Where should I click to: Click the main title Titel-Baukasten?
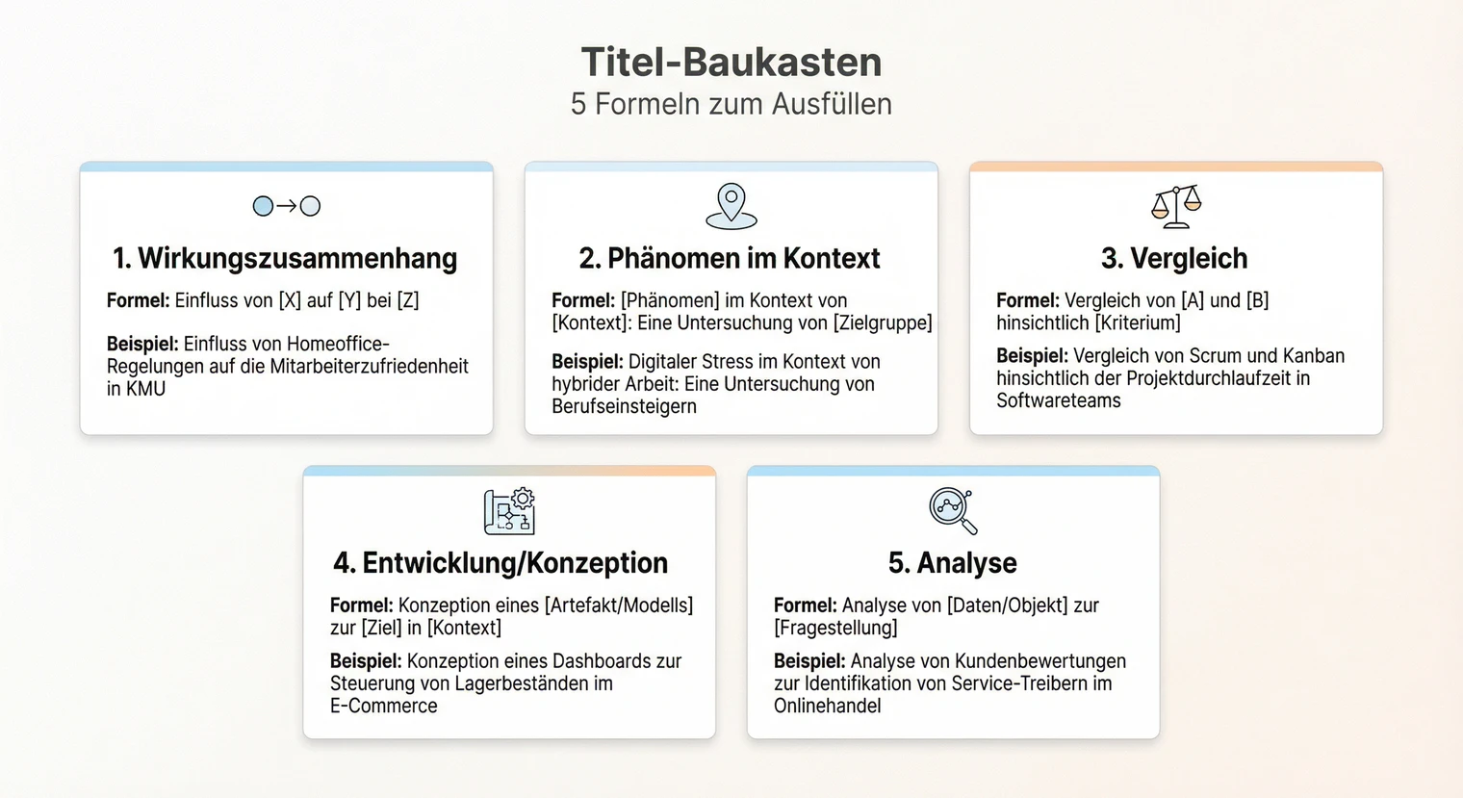click(731, 63)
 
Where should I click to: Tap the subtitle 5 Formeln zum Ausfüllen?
click(731, 104)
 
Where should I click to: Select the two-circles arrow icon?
click(287, 206)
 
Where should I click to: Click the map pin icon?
click(731, 206)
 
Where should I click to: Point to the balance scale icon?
click(1176, 206)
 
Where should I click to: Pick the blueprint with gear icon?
click(509, 511)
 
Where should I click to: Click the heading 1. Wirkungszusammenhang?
click(285, 258)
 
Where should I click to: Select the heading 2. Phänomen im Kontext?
click(730, 258)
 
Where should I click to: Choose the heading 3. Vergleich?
click(1174, 258)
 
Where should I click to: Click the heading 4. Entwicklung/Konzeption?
click(500, 563)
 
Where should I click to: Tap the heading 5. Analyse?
click(953, 563)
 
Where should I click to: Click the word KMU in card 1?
click(144, 389)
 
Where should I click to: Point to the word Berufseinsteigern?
click(624, 406)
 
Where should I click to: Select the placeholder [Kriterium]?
click(1138, 322)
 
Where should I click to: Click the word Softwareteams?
click(1059, 400)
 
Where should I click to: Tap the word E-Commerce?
click(384, 706)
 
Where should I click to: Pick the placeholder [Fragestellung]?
click(835, 628)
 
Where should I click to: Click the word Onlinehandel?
click(828, 706)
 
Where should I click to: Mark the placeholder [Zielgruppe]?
click(882, 322)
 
